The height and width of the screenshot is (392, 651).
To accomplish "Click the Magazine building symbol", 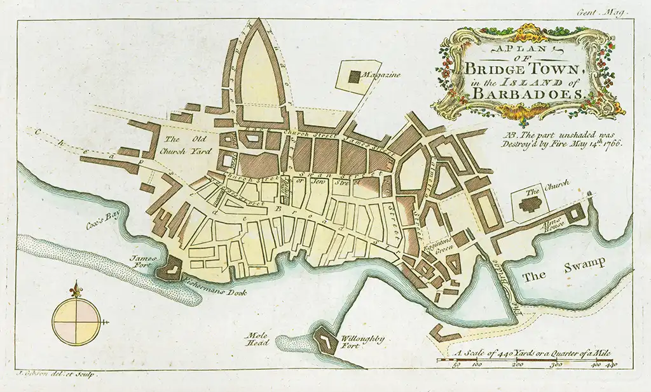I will tap(354, 76).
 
